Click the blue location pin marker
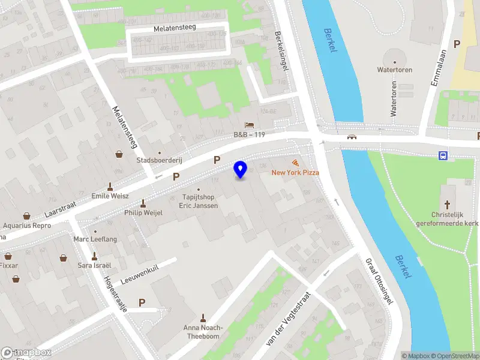pyautogui.click(x=241, y=170)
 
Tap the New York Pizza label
pyautogui.click(x=295, y=173)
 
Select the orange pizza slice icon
pyautogui.click(x=295, y=163)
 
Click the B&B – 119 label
pyautogui.click(x=250, y=135)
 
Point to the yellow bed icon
pyautogui.click(x=250, y=124)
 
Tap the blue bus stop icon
pyautogui.click(x=443, y=156)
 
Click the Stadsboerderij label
pyautogui.click(x=160, y=161)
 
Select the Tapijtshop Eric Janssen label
pyautogui.click(x=199, y=201)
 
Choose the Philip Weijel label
pyautogui.click(x=143, y=212)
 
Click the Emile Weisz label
pyautogui.click(x=110, y=196)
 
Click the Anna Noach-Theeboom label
pyautogui.click(x=203, y=332)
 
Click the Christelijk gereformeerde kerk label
pyautogui.click(x=447, y=219)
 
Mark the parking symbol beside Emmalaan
pyautogui.click(x=457, y=44)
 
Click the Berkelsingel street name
pyautogui.click(x=281, y=51)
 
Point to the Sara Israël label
pyautogui.click(x=94, y=265)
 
